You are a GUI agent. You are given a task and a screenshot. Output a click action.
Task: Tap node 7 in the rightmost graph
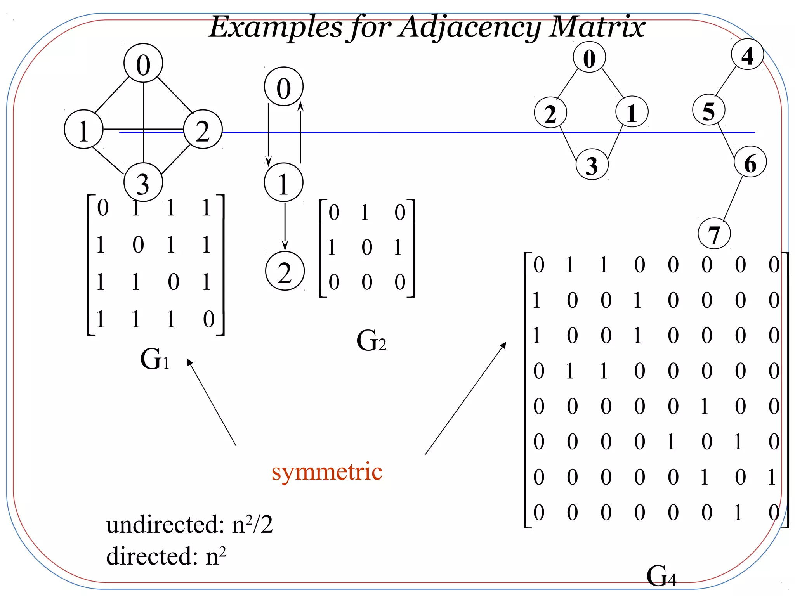click(714, 234)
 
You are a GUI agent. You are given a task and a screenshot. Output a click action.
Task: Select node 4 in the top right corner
click(747, 55)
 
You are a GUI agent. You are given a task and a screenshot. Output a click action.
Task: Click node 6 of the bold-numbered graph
click(750, 162)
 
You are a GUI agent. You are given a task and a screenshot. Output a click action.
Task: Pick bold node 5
click(709, 110)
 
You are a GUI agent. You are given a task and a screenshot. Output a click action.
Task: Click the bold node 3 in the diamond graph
click(592, 165)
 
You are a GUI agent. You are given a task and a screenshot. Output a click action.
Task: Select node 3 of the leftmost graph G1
click(143, 182)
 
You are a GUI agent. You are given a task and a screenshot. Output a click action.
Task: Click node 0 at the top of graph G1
click(143, 63)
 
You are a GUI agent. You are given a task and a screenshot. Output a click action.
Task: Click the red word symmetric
click(327, 472)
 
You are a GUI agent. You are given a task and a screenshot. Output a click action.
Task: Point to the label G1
click(154, 359)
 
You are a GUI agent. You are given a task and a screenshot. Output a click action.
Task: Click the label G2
click(371, 341)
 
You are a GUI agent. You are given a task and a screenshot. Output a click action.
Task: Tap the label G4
click(661, 575)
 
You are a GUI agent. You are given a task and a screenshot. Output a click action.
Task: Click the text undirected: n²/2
click(189, 525)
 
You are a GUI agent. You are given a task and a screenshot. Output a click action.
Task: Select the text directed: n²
click(166, 556)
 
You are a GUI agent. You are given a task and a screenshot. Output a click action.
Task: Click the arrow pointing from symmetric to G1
click(212, 402)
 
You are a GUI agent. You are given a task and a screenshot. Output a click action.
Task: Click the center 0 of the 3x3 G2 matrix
click(367, 247)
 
